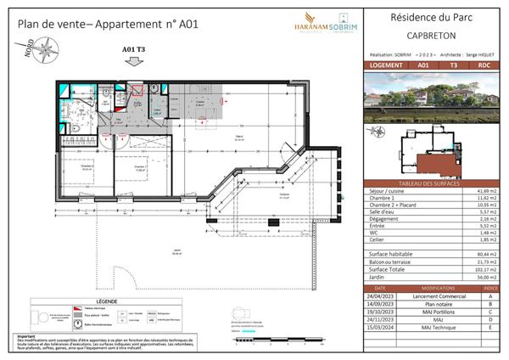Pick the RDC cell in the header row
484,65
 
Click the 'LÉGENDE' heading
112,301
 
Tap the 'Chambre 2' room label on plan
88,166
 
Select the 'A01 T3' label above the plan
135,50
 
